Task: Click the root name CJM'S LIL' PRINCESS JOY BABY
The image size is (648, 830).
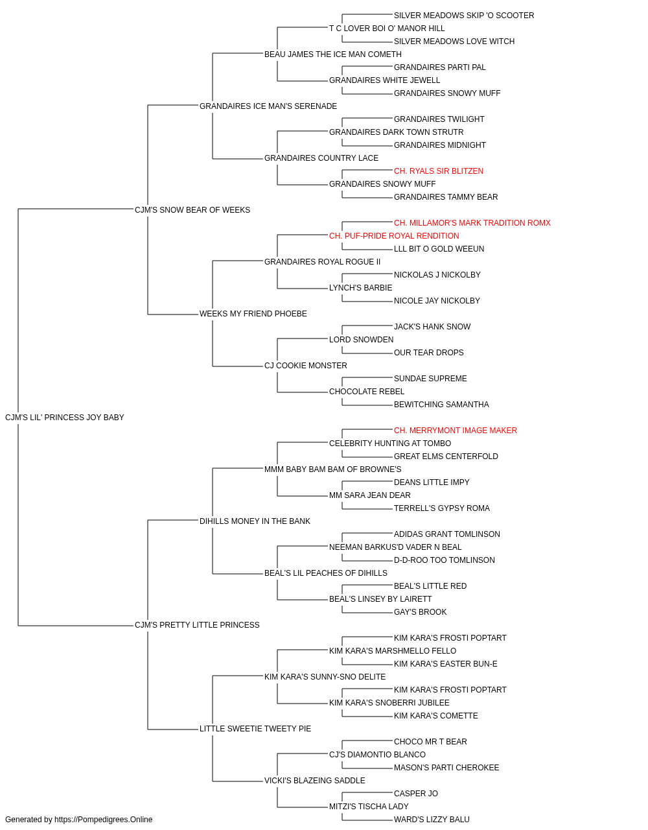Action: (65, 418)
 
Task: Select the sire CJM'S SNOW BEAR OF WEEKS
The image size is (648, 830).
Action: (192, 209)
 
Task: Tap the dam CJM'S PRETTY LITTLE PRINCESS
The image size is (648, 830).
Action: (197, 625)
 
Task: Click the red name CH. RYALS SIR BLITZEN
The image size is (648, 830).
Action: (439, 171)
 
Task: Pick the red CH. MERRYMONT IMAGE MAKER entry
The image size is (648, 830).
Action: (456, 430)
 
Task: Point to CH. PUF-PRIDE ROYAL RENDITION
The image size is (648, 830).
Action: (394, 235)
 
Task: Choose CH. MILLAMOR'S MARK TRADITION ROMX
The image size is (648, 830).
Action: (472, 222)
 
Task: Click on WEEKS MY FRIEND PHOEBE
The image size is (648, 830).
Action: (253, 314)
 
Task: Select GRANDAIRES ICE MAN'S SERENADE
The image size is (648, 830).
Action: (268, 106)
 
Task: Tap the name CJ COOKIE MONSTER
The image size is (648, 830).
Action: (306, 366)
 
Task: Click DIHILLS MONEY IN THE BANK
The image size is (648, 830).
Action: (255, 521)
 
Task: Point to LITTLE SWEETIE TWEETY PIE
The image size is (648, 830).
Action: (255, 728)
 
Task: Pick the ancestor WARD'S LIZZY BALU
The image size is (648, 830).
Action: (432, 820)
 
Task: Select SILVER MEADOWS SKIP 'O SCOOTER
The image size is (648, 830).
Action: (464, 16)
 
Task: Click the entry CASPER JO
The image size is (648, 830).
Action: (415, 793)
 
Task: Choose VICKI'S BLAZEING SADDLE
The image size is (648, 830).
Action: (314, 780)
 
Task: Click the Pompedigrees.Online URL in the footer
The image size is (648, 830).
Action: (103, 820)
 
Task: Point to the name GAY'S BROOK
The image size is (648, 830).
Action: (420, 612)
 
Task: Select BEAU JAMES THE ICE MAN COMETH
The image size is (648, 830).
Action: (333, 54)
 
